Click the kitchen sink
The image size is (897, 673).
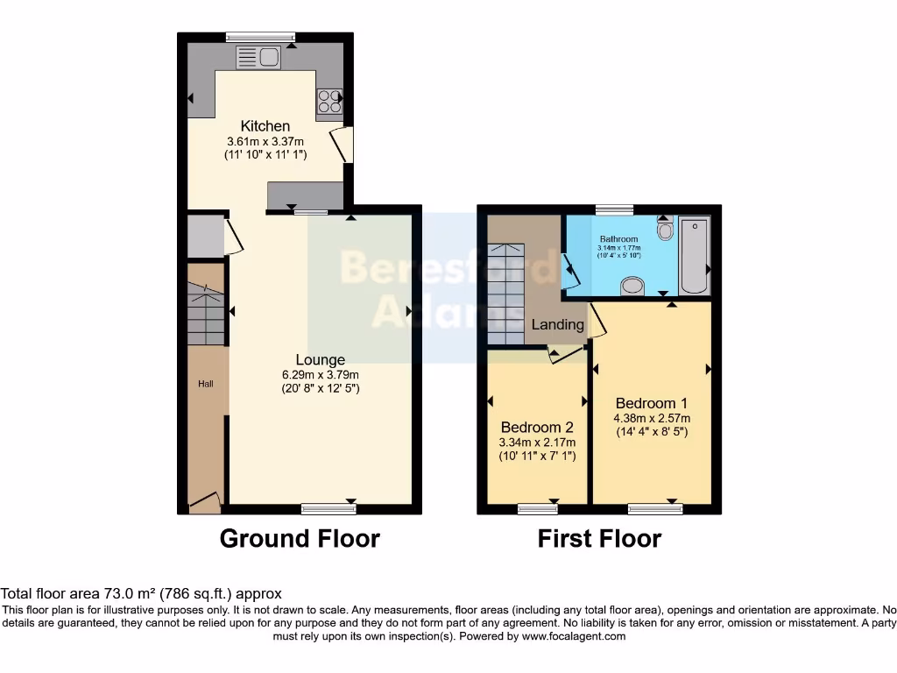pyautogui.click(x=258, y=58)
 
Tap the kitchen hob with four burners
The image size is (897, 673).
pyautogui.click(x=329, y=102)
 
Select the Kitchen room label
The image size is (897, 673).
pyautogui.click(x=265, y=126)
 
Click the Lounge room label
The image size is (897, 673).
pyautogui.click(x=320, y=359)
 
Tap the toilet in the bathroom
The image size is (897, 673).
pyautogui.click(x=664, y=230)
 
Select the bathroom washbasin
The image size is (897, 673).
pyautogui.click(x=631, y=285)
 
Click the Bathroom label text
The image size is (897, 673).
pyautogui.click(x=618, y=238)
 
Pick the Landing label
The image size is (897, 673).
pyautogui.click(x=558, y=324)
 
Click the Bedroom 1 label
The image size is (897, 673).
pyautogui.click(x=650, y=403)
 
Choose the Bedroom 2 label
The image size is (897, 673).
pyautogui.click(x=537, y=428)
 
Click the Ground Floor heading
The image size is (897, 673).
pyautogui.click(x=300, y=538)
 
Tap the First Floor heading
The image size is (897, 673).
pyautogui.click(x=599, y=538)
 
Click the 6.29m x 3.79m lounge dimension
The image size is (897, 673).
pyautogui.click(x=320, y=374)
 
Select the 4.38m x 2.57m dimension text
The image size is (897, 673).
pyautogui.click(x=650, y=418)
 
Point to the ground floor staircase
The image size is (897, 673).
pyautogui.click(x=206, y=315)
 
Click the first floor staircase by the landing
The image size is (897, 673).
pyautogui.click(x=505, y=294)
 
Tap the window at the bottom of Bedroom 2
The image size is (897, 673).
pyautogui.click(x=537, y=508)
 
